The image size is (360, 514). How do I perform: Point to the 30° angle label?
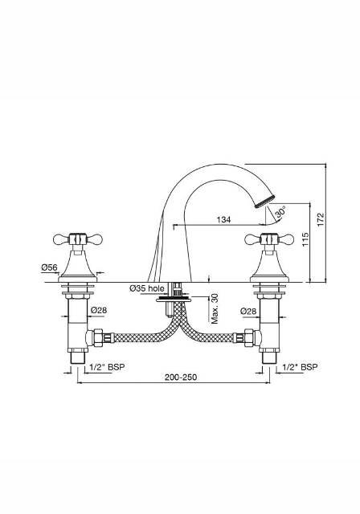pos(279,213)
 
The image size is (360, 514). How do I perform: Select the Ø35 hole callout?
pos(146,288)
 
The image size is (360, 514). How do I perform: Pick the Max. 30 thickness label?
pos(192,308)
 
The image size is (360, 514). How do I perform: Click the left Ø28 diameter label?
pos(98,309)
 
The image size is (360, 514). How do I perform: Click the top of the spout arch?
pos(211,163)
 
